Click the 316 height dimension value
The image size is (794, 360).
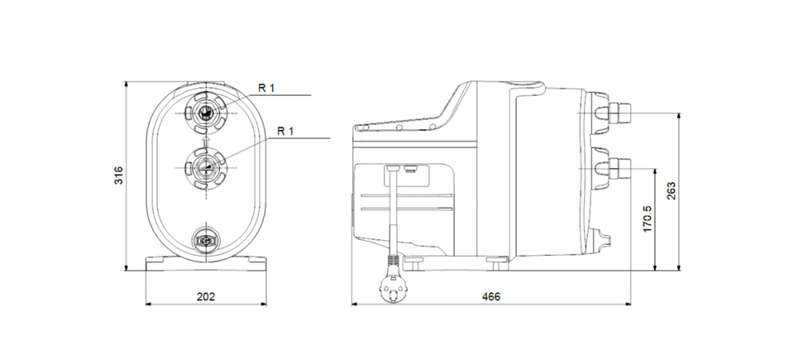tap(118, 175)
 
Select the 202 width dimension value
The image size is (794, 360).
tap(206, 296)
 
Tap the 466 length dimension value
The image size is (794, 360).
tap(490, 296)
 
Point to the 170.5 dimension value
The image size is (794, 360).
tap(648, 219)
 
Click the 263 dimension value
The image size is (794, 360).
tap(671, 190)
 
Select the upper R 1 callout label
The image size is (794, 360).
tap(266, 88)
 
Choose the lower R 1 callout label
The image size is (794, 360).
tap(285, 132)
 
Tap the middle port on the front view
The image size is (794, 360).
tap(206, 168)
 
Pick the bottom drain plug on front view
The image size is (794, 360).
tap(206, 239)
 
